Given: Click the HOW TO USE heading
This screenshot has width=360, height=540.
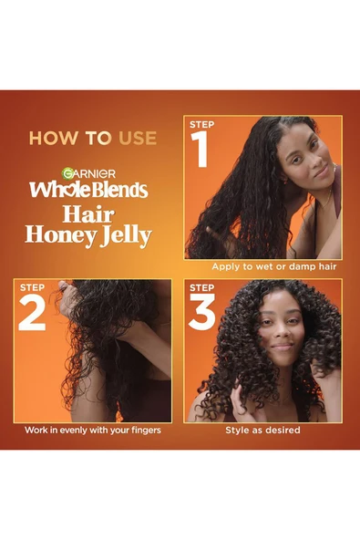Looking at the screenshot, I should tap(93, 139).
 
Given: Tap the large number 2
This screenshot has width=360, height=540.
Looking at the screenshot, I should tap(32, 315).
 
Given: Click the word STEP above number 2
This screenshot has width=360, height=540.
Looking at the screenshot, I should tap(32, 289).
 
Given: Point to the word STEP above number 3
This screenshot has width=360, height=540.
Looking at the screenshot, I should tap(201, 289).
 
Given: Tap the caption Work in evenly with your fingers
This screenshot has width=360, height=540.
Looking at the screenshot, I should tap(93, 430).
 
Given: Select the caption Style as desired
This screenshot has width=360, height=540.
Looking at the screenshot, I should tap(263, 430).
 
